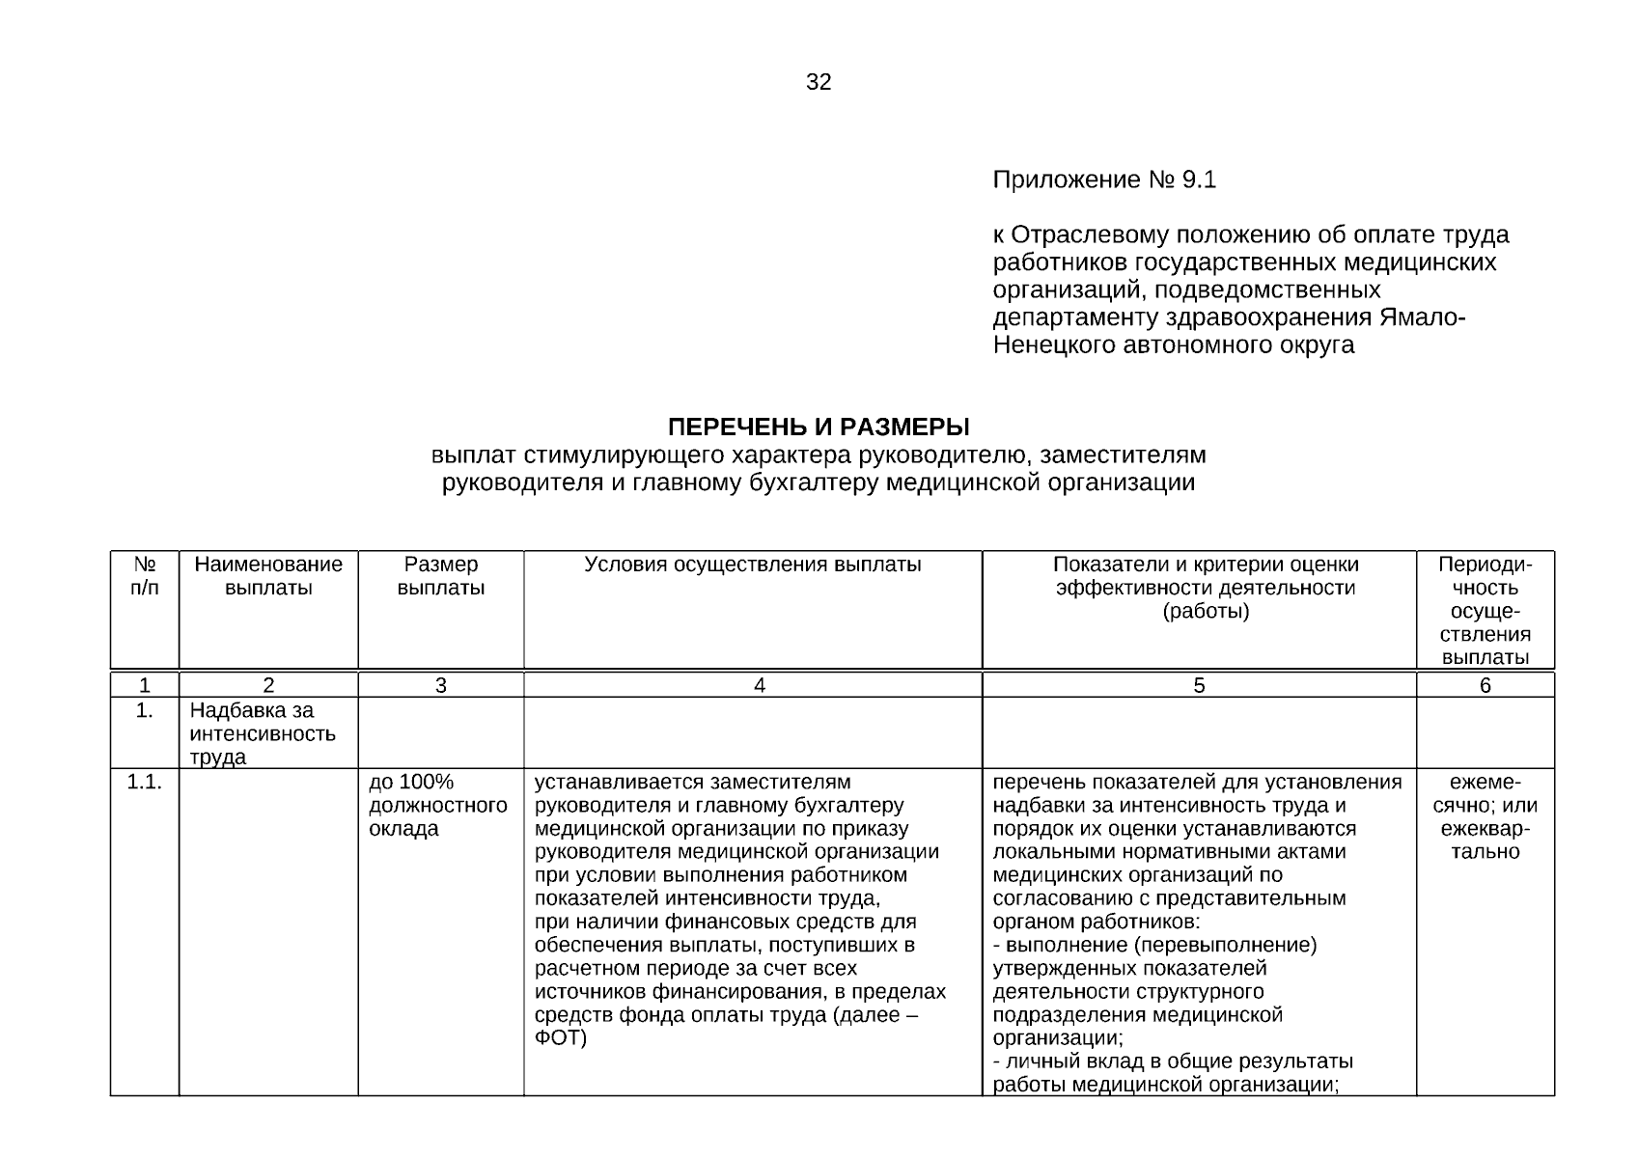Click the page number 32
point(818,83)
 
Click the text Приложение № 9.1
point(1104,180)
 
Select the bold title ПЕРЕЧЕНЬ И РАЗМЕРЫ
point(819,427)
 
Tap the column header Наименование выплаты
point(268,576)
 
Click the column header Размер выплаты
point(441,576)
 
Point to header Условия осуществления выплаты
point(753,565)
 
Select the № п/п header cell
point(145,576)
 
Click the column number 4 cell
point(760,686)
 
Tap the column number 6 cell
point(1485,686)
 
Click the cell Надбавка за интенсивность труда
point(263,733)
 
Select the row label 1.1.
point(145,783)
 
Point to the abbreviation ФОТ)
point(561,1038)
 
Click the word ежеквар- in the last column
point(1485,829)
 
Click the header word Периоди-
point(1485,565)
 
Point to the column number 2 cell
point(268,686)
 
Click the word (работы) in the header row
point(1206,612)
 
